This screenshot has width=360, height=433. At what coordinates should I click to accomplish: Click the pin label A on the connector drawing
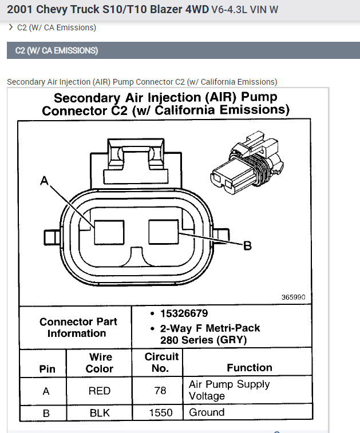click(x=44, y=181)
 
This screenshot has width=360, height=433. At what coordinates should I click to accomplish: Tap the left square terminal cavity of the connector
click(x=109, y=233)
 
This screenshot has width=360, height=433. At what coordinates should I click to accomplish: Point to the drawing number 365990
click(x=293, y=297)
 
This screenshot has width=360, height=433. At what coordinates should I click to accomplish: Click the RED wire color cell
click(x=99, y=391)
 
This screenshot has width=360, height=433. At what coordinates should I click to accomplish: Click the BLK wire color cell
click(x=99, y=412)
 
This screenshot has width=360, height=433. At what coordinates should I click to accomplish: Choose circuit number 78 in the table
click(x=160, y=391)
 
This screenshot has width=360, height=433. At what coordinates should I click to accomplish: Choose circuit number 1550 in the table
click(x=160, y=412)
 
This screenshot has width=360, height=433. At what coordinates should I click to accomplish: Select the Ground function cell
click(x=207, y=412)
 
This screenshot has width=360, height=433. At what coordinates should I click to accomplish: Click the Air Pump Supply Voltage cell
click(x=229, y=390)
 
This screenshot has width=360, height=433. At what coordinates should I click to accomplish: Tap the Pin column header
click(x=48, y=368)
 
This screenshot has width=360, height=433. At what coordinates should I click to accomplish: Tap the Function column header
click(x=249, y=368)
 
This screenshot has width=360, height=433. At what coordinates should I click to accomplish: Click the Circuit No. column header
click(x=161, y=362)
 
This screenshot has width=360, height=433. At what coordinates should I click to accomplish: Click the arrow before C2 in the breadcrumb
click(x=11, y=27)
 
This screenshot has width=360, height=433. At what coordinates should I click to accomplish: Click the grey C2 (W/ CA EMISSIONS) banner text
click(x=56, y=50)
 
